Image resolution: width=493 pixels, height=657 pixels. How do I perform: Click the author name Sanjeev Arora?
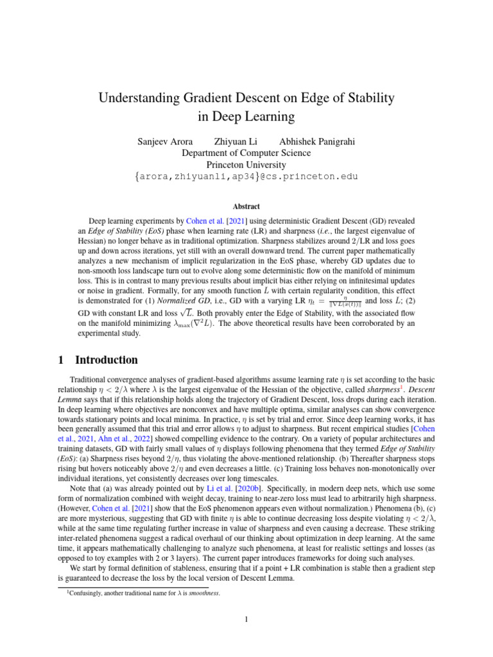pos(166,141)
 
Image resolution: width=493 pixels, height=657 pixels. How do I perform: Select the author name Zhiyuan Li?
pos(236,141)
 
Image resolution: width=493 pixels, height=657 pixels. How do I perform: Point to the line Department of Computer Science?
pos(246,153)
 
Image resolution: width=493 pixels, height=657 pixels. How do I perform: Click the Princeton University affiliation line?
pos(246,164)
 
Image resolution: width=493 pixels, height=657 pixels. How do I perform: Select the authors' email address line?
pos(246,176)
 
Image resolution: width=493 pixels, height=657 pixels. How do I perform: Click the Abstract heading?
pos(246,207)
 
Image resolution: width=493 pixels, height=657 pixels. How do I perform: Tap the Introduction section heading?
pos(107,360)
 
